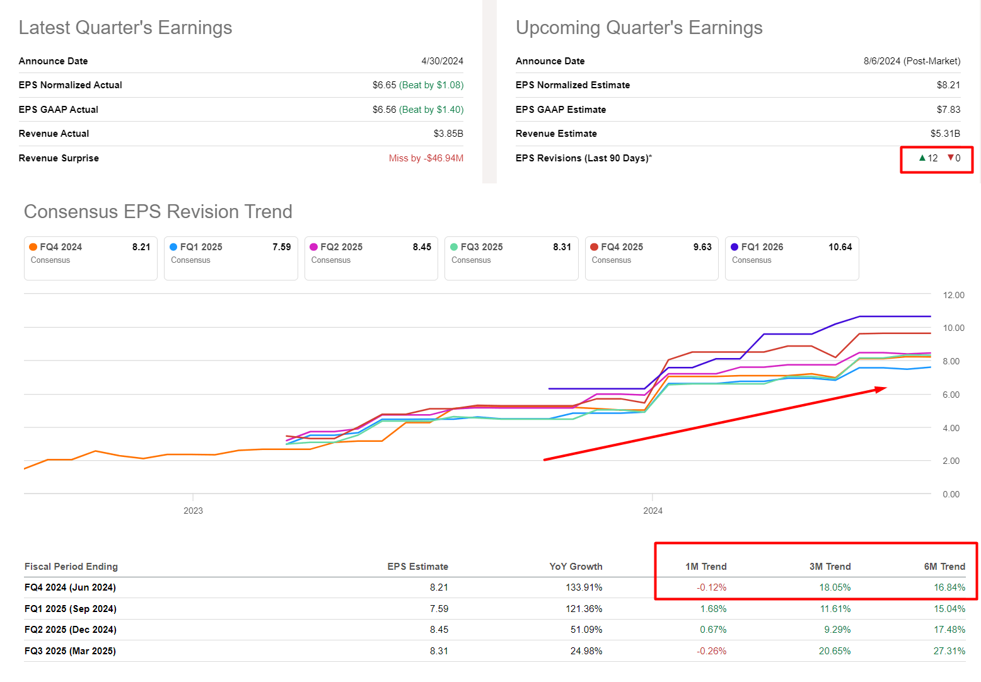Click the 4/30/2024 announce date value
pos(442,61)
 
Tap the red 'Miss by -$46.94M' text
pos(426,158)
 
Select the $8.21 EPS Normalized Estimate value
pos(948,85)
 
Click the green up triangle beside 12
pos(922,158)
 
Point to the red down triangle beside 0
pos(951,158)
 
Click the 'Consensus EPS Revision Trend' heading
pos(158,212)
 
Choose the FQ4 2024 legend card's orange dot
pos(33,247)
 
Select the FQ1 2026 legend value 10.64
pos(840,247)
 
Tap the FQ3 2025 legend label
pos(481,247)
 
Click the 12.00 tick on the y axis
pos(953,295)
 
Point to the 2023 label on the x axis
pos(193,511)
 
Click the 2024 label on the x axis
pos(653,511)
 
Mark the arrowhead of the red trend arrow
pos(881,390)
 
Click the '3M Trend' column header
pos(830,567)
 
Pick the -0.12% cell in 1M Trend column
pos(711,587)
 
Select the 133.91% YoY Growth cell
pos(584,587)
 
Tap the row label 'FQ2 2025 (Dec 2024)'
pos(70,630)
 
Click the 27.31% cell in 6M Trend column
pos(949,651)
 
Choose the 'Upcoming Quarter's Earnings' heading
pos(639,28)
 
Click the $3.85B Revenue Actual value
pos(448,134)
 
